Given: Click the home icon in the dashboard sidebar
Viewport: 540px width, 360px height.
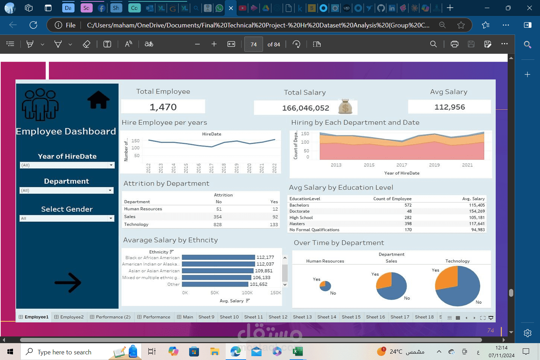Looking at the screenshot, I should click(98, 100).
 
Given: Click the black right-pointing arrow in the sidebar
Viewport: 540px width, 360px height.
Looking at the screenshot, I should click(68, 283).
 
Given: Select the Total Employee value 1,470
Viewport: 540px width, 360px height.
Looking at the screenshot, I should click(163, 107).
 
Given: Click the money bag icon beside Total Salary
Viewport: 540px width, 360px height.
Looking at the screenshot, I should click(345, 107).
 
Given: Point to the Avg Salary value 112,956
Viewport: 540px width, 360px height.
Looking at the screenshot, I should click(450, 107).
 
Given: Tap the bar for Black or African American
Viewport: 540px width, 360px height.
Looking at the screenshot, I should click(218, 257).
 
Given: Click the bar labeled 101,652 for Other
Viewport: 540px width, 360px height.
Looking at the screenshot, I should click(215, 284).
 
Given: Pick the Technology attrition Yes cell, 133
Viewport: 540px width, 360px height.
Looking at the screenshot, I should click(274, 225).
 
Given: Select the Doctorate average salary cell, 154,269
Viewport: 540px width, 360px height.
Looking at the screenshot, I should click(477, 211).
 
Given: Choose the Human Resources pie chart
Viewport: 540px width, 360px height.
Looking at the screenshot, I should click(325, 286).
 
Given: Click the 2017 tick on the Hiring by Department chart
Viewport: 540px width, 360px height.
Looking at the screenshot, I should click(401, 165).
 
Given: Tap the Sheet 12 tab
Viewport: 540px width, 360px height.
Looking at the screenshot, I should click(278, 317).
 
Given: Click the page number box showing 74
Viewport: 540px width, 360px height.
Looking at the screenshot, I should click(253, 44).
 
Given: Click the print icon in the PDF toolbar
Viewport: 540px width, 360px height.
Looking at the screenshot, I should click(455, 44).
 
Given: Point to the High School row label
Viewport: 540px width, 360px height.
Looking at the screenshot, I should click(301, 218).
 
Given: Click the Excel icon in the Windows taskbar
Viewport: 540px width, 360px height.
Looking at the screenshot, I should click(298, 351).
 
